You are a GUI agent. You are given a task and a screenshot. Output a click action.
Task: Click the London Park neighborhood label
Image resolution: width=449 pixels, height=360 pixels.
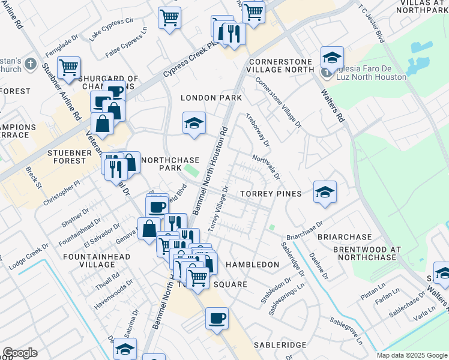pyautogui.click(x=212, y=98)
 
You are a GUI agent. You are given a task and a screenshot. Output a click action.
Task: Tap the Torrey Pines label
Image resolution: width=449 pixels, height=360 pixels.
pyautogui.click(x=270, y=194)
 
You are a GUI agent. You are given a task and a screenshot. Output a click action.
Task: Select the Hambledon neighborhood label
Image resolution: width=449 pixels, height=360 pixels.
pyautogui.click(x=252, y=265)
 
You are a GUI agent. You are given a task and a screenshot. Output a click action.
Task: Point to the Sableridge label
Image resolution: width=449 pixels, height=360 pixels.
pyautogui.click(x=280, y=345)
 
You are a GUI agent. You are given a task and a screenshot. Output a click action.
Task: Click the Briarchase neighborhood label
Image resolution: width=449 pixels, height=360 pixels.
pyautogui.click(x=345, y=237)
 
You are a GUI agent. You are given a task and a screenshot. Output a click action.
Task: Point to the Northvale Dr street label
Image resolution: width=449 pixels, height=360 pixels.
pyautogui.click(x=267, y=167)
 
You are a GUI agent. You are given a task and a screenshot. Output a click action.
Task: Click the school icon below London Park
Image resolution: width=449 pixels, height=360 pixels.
pyautogui.click(x=194, y=123)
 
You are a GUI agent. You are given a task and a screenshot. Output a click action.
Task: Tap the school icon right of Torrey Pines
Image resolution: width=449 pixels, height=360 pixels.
pyautogui.click(x=325, y=192)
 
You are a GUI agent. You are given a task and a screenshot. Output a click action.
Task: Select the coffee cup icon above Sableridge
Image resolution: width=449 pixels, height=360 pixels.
pyautogui.click(x=217, y=318)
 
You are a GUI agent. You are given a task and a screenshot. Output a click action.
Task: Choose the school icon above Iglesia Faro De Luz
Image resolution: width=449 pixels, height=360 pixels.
pyautogui.click(x=332, y=58)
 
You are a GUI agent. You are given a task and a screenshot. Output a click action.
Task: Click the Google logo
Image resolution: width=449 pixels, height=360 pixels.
pyautogui.click(x=20, y=353)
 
